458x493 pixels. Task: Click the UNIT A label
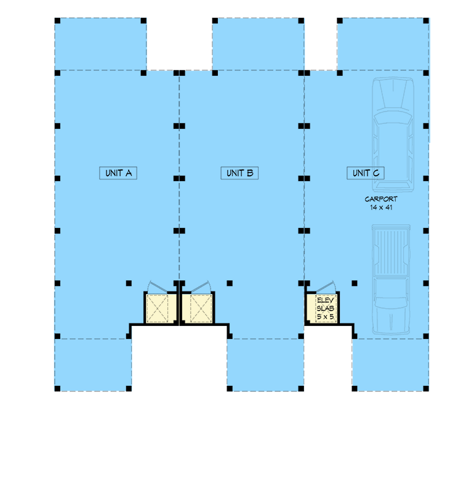click(x=118, y=173)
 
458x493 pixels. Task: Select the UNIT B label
click(x=239, y=173)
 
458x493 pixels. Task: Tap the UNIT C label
click(x=366, y=173)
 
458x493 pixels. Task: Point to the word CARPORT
click(x=380, y=199)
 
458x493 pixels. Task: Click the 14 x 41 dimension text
click(x=380, y=208)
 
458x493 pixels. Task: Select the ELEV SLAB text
click(x=324, y=304)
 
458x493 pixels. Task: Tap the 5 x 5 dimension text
click(x=324, y=317)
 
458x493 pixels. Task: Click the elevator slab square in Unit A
click(x=161, y=308)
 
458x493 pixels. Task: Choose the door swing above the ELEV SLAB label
click(x=325, y=287)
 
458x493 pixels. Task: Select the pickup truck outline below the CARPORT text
click(x=390, y=280)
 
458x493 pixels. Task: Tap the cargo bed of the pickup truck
click(x=390, y=250)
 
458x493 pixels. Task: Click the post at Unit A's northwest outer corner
click(x=57, y=20)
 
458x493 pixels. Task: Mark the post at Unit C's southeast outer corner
click(x=427, y=389)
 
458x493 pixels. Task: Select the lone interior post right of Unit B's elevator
click(x=229, y=283)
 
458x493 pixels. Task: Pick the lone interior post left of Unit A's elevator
click(x=129, y=283)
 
